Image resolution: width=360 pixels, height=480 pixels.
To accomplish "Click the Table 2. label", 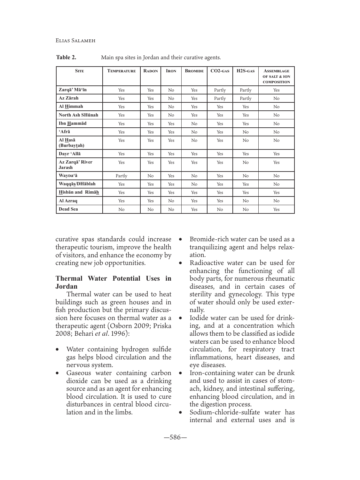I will [x=66, y=58].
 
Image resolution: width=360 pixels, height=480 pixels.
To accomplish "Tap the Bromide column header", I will [x=194, y=71].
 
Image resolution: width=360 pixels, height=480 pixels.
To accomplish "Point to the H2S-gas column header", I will [x=246, y=71].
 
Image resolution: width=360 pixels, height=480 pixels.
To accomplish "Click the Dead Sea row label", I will [x=68, y=209].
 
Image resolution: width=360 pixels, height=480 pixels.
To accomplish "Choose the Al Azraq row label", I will [x=68, y=201].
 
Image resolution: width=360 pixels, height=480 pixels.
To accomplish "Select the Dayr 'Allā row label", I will [x=70, y=154].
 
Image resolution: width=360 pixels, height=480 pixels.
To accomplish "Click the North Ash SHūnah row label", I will [x=78, y=115].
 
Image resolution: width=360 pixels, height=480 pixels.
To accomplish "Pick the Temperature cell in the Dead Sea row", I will [x=121, y=210].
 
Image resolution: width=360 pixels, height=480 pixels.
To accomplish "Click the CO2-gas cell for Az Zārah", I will [x=220, y=99].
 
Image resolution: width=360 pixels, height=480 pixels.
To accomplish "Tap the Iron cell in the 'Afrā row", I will [x=171, y=132].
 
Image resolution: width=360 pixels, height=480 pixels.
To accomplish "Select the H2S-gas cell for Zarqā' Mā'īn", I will [x=246, y=90].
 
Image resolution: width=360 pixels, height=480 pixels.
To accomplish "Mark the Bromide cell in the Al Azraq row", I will [x=194, y=201].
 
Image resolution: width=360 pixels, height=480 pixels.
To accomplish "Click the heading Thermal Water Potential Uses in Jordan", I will [x=113, y=282].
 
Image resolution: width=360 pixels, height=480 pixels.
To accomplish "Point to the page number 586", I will [x=175, y=437].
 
